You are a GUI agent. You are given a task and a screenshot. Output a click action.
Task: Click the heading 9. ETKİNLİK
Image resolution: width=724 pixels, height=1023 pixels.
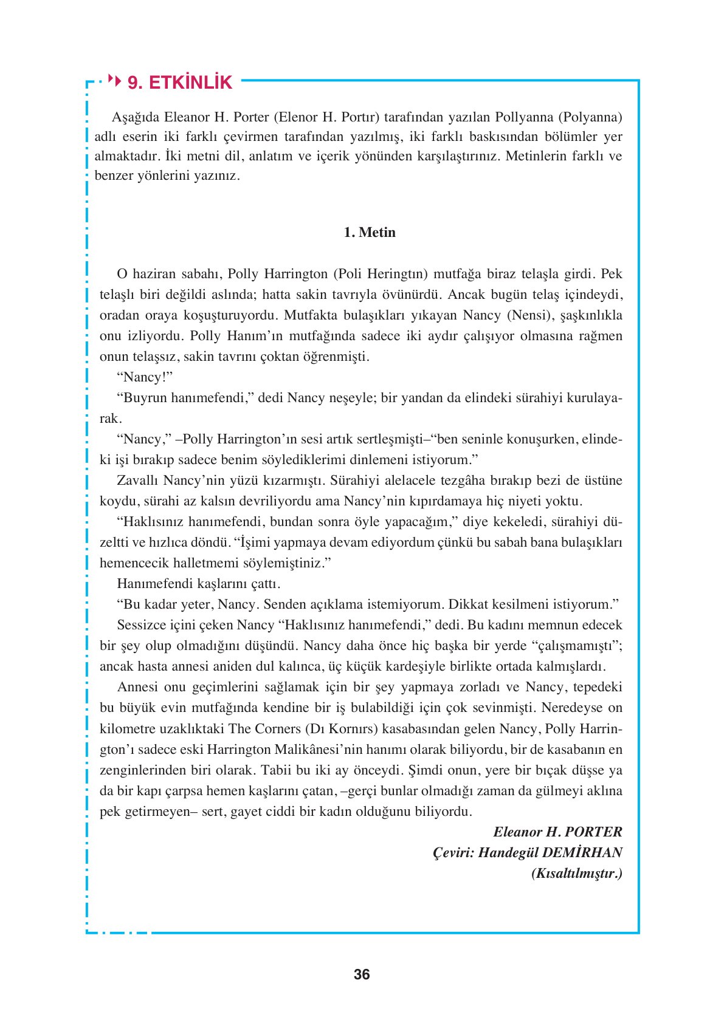click(180, 83)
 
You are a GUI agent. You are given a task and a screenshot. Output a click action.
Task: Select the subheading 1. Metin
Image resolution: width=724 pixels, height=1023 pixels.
click(369, 232)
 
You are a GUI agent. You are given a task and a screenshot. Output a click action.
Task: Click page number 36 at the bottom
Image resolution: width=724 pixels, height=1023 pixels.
click(362, 974)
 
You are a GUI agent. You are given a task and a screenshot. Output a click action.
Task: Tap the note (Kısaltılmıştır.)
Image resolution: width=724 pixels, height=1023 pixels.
click(576, 873)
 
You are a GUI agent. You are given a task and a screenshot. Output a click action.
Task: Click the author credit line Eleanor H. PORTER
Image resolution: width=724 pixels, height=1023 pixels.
click(557, 832)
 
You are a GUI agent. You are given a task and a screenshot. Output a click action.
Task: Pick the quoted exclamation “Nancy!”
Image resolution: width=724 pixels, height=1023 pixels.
click(145, 377)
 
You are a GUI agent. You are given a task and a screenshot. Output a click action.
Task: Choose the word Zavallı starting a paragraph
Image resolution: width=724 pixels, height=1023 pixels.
click(138, 481)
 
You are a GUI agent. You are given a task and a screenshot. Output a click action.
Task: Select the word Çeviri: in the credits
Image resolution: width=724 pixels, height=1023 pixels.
click(453, 852)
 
